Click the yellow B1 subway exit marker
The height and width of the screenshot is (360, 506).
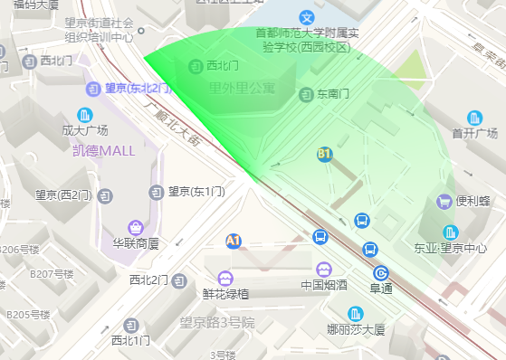(x=325, y=155)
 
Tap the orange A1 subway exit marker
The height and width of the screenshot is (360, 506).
(x=234, y=241)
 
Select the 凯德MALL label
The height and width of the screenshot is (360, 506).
(x=103, y=150)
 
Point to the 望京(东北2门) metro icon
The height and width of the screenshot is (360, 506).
(x=94, y=89)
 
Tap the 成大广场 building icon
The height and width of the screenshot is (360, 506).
(x=85, y=115)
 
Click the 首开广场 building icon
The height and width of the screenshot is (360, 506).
(x=475, y=118)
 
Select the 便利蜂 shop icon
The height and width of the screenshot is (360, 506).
(x=444, y=201)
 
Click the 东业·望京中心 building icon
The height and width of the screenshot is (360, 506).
(x=450, y=232)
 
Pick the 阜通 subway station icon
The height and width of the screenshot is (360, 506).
(x=380, y=273)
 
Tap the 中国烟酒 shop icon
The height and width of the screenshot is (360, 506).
(x=323, y=270)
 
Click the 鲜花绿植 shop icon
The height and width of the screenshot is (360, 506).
(x=225, y=278)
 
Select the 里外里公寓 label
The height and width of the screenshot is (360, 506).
(x=242, y=88)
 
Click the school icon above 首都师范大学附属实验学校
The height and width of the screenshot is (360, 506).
(x=308, y=16)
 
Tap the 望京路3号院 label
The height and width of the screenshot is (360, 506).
(x=217, y=323)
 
